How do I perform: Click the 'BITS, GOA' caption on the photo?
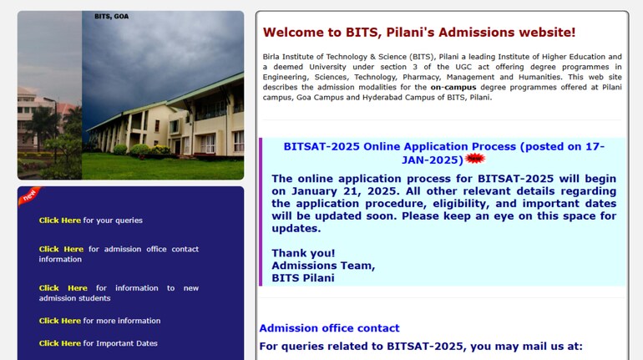[111, 16]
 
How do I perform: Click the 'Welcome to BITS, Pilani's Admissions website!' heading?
[419, 33]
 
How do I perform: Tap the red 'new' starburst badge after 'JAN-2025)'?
[475, 159]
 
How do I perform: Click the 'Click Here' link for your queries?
[60, 221]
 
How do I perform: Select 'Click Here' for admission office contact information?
[61, 249]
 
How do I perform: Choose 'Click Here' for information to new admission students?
[63, 288]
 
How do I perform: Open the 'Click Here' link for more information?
[60, 321]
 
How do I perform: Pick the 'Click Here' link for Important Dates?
[60, 343]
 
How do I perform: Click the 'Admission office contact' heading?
[329, 328]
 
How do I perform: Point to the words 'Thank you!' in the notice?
[303, 253]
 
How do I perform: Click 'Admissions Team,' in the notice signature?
[323, 266]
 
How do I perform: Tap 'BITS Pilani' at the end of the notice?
[303, 278]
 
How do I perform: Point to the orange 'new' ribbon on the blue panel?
[29, 195]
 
